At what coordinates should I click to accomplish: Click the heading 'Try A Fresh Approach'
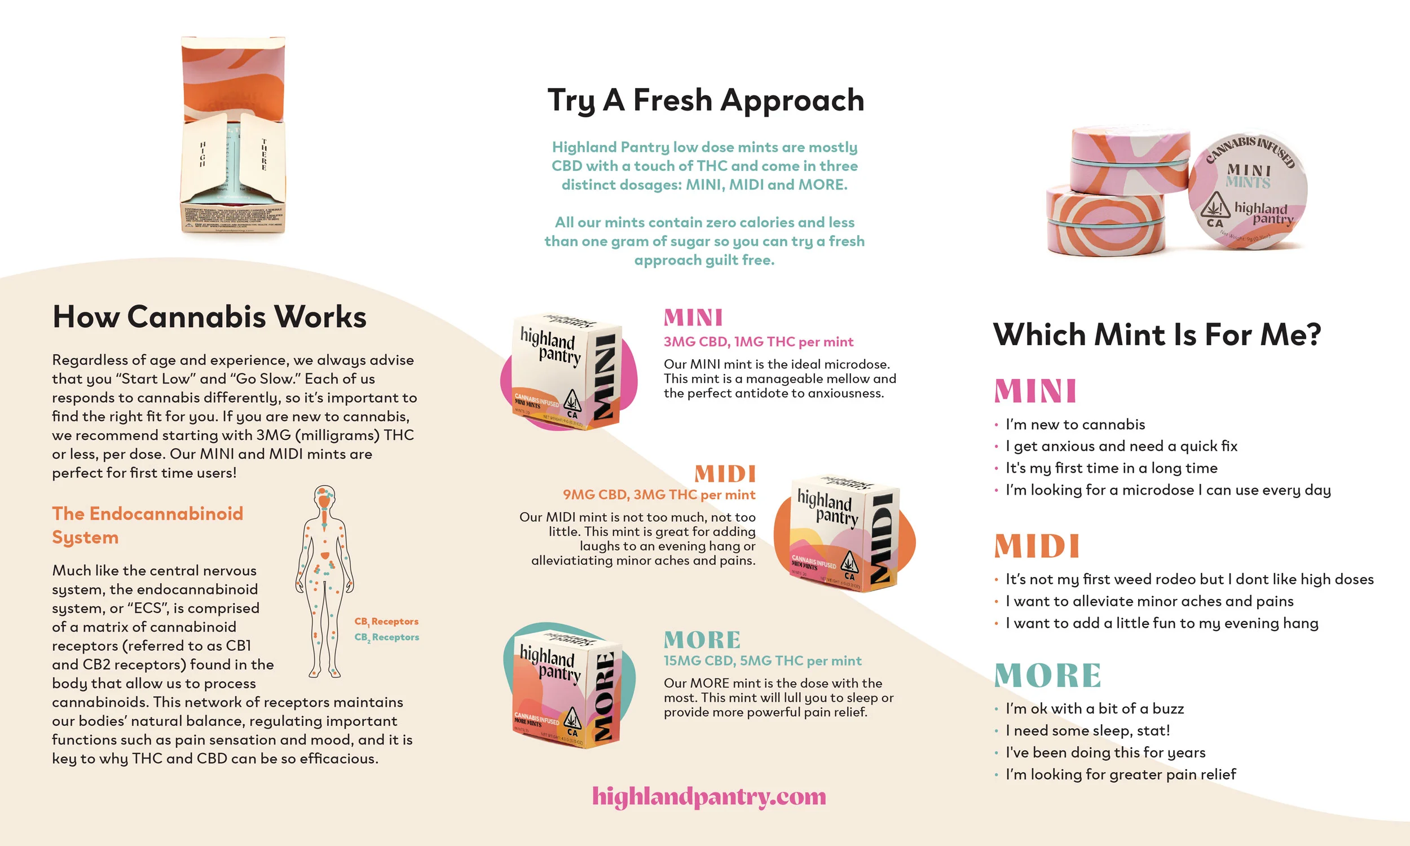(706, 100)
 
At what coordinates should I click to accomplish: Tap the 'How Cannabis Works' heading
(209, 317)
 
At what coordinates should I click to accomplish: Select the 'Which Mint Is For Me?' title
(1156, 334)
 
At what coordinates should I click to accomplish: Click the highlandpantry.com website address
(708, 796)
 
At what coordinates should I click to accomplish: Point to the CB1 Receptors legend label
(386, 622)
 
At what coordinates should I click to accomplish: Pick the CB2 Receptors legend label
(386, 637)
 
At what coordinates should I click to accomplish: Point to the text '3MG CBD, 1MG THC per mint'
(758, 342)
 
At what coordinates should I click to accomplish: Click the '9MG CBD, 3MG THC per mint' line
(659, 495)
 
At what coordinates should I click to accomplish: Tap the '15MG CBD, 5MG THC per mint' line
(762, 660)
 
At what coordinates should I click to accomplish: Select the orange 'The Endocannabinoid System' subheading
(147, 525)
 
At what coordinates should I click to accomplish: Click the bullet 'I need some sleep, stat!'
(1087, 731)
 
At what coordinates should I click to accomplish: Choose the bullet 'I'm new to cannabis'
(1075, 425)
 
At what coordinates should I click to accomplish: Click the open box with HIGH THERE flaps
(233, 137)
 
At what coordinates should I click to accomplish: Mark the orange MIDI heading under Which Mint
(1036, 546)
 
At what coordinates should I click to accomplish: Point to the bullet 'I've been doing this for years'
(1105, 752)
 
